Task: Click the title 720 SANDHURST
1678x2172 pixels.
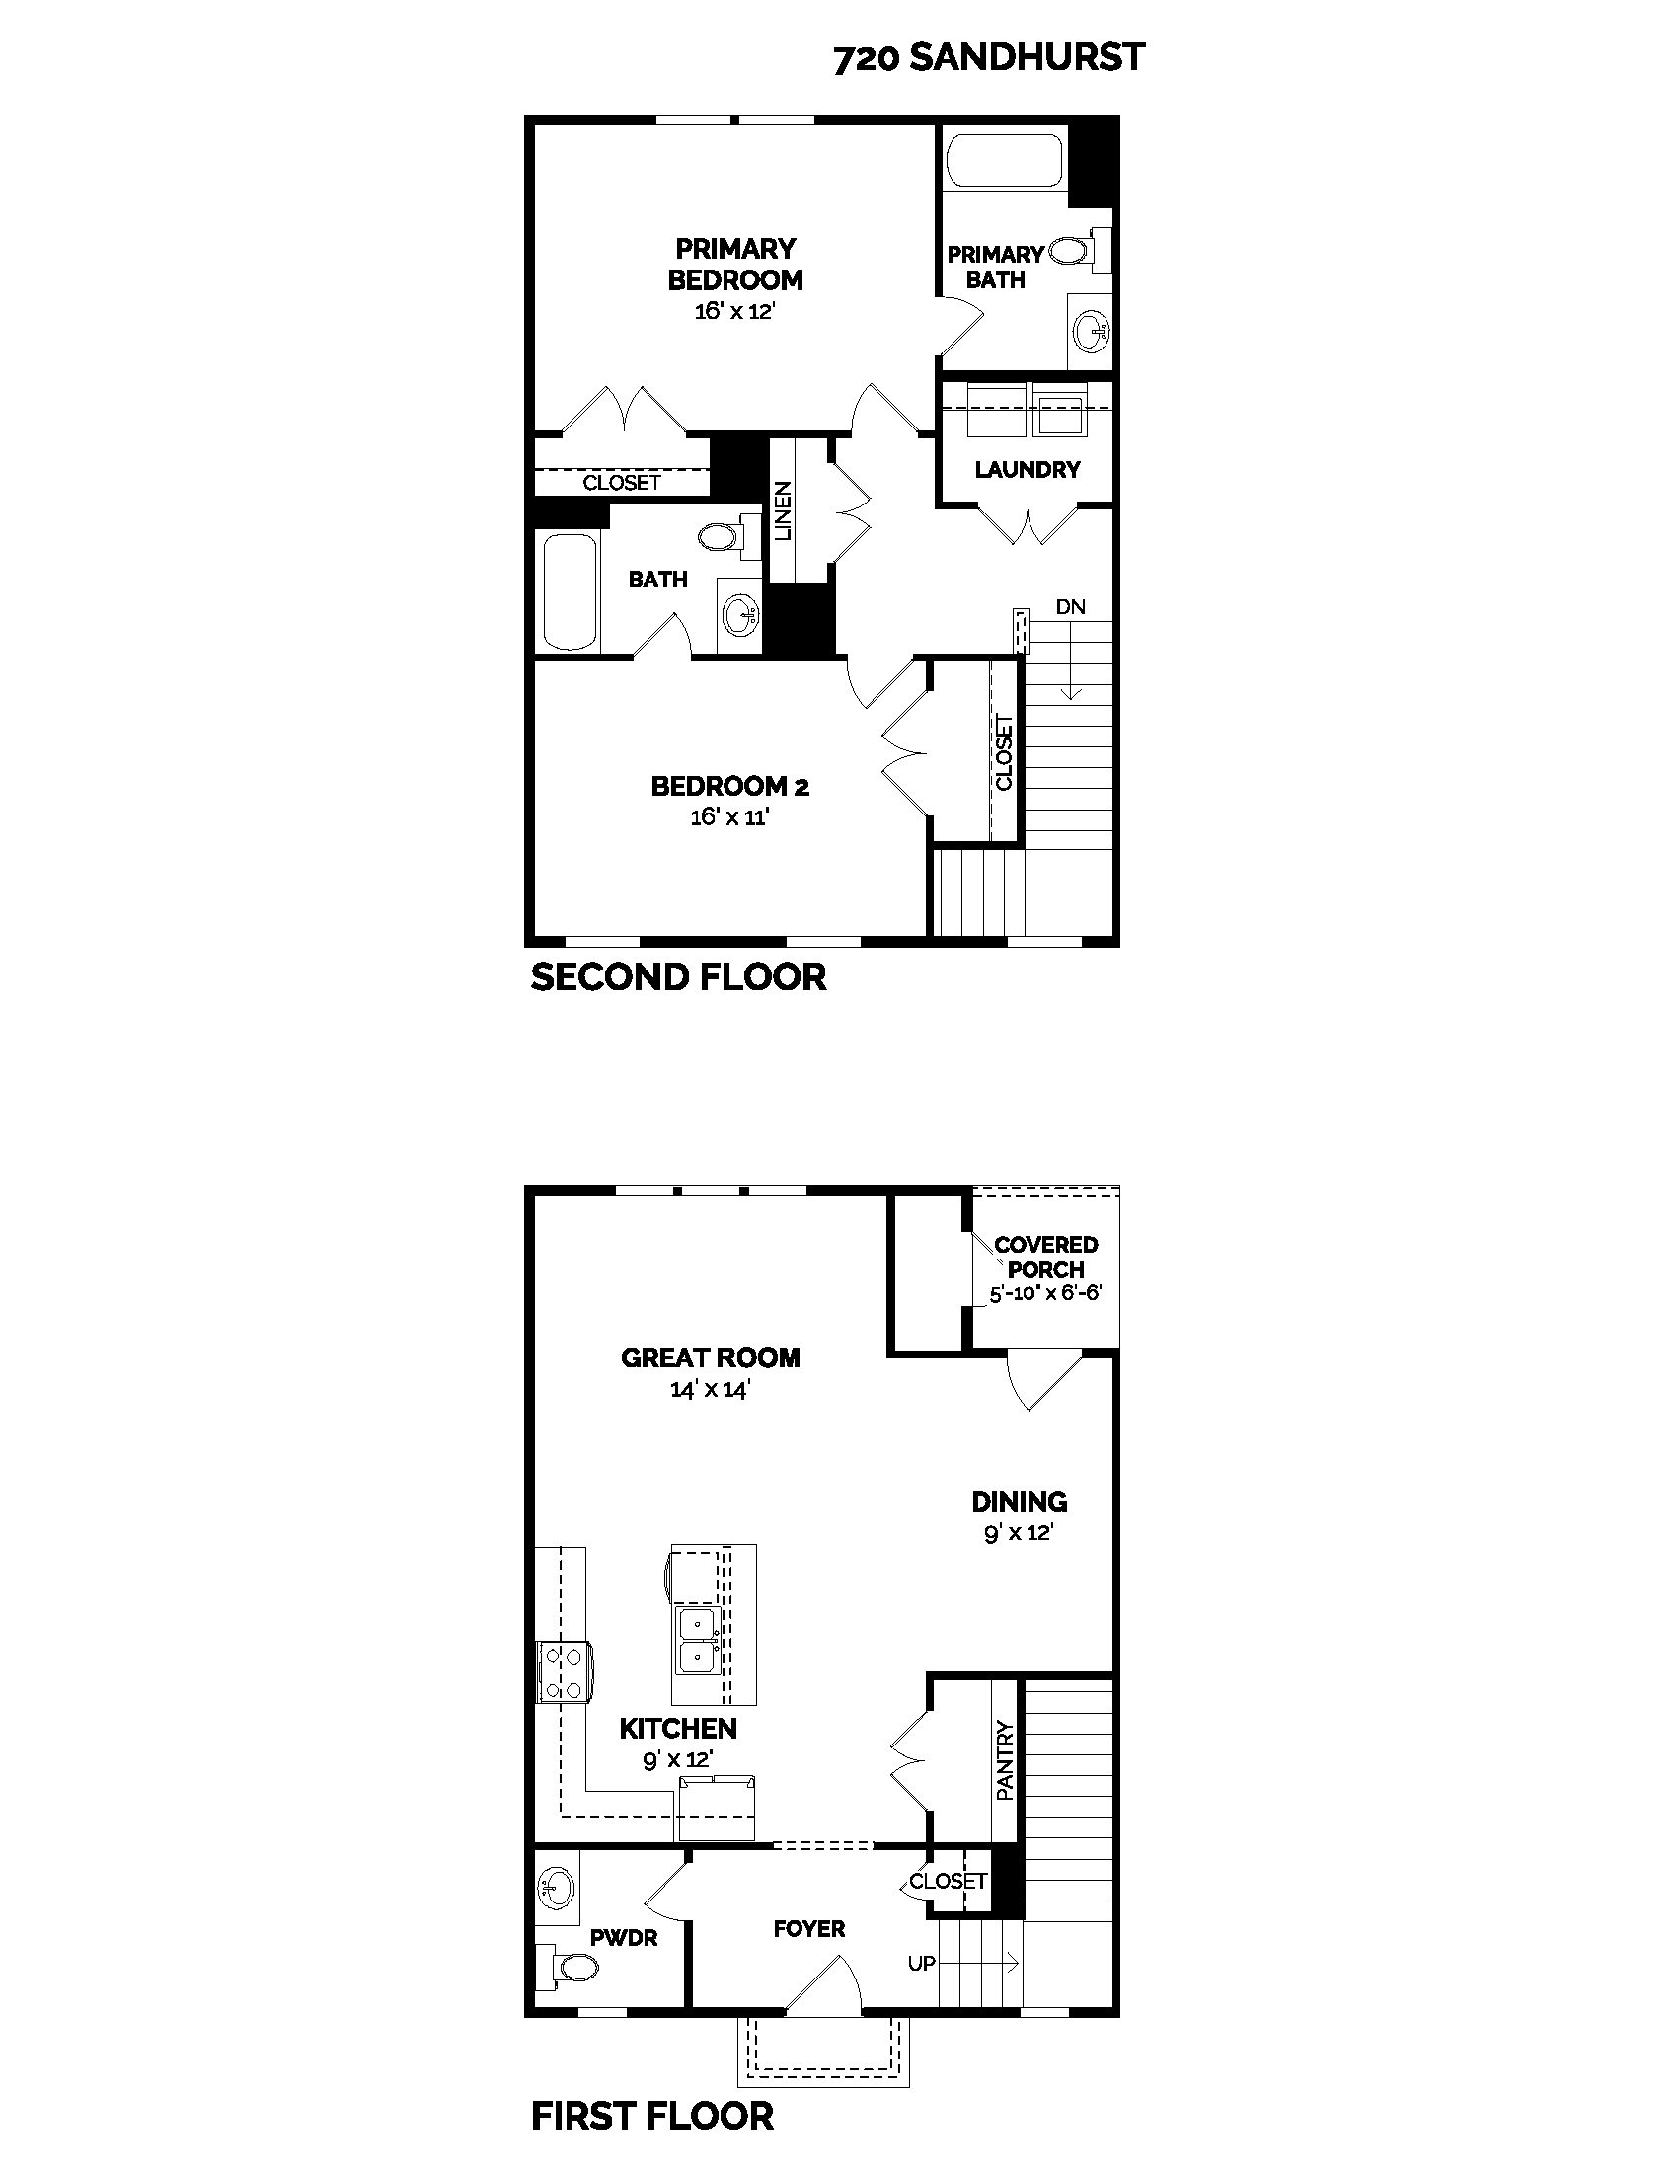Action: click(988, 57)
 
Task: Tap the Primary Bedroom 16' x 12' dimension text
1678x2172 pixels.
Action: click(734, 311)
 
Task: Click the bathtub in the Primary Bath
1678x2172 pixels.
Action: click(1004, 160)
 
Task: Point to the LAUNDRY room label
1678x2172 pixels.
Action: click(1027, 469)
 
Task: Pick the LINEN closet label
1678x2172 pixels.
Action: click(785, 510)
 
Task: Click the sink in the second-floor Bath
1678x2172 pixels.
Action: click(740, 615)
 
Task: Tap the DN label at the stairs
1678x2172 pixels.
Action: click(1070, 606)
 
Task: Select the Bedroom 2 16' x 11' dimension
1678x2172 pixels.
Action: click(730, 817)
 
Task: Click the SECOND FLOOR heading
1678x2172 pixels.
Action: click(678, 977)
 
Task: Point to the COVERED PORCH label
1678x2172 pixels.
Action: click(1045, 1257)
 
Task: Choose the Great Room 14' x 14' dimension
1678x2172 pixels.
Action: click(710, 1389)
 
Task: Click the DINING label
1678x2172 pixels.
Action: click(1019, 1502)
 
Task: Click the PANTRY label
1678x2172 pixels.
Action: click(1005, 1760)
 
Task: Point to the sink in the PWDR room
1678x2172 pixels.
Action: click(556, 1887)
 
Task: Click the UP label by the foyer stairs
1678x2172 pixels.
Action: click(921, 1963)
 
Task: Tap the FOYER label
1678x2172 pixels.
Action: click(809, 1929)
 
